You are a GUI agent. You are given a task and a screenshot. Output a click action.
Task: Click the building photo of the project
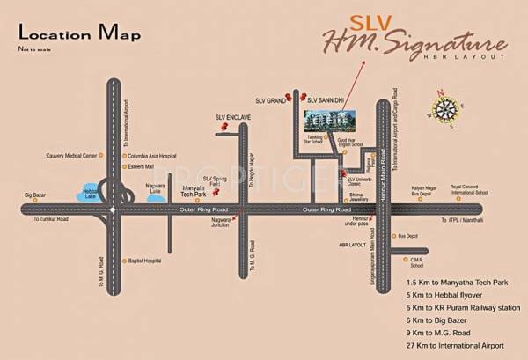click(329, 123)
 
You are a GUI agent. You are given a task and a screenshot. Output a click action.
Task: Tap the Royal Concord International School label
click(469, 189)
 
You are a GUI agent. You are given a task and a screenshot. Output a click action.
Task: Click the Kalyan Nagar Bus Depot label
click(423, 191)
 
